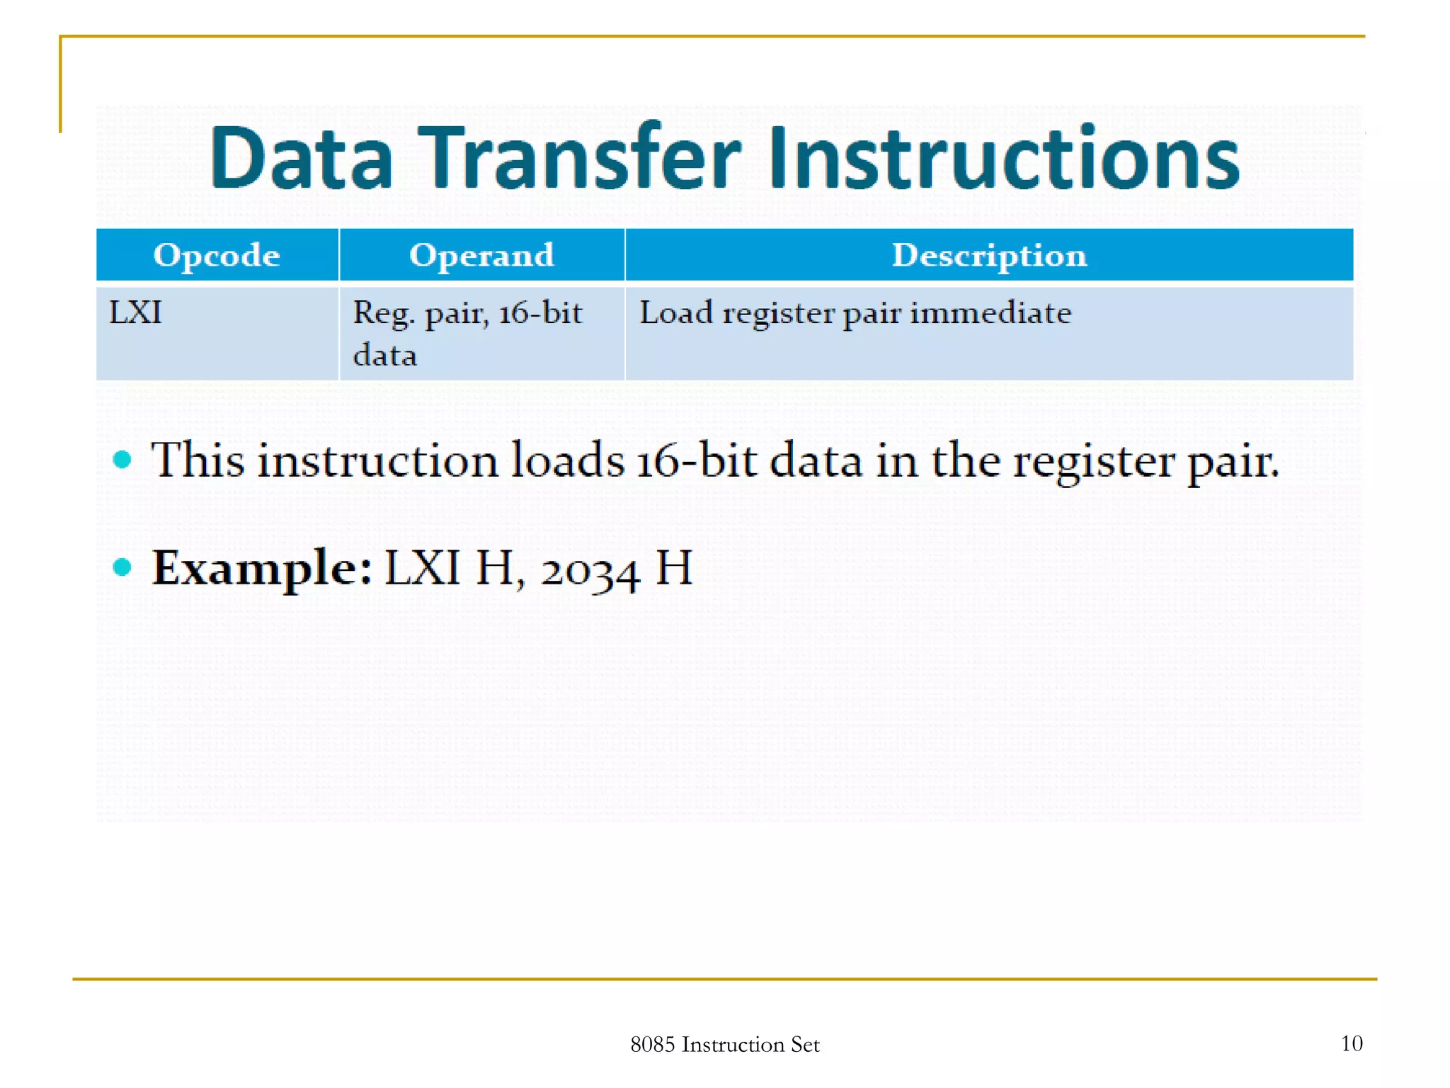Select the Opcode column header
point(217,255)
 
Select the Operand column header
point(481,255)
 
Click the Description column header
point(989,255)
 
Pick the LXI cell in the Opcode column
point(135,312)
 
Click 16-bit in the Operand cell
point(540,312)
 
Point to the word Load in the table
point(675,312)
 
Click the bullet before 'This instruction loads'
point(122,460)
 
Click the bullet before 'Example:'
point(122,567)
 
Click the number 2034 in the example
point(590,571)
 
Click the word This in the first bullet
point(198,460)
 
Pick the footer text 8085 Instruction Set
point(724,1044)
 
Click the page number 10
point(1351,1043)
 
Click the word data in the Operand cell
point(384,355)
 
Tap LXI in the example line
point(422,568)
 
